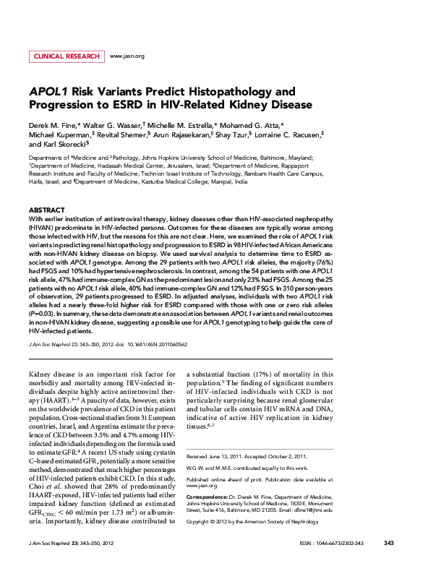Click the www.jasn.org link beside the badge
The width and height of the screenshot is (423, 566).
(x=127, y=56)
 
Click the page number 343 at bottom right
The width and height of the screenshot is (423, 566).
(x=388, y=543)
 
